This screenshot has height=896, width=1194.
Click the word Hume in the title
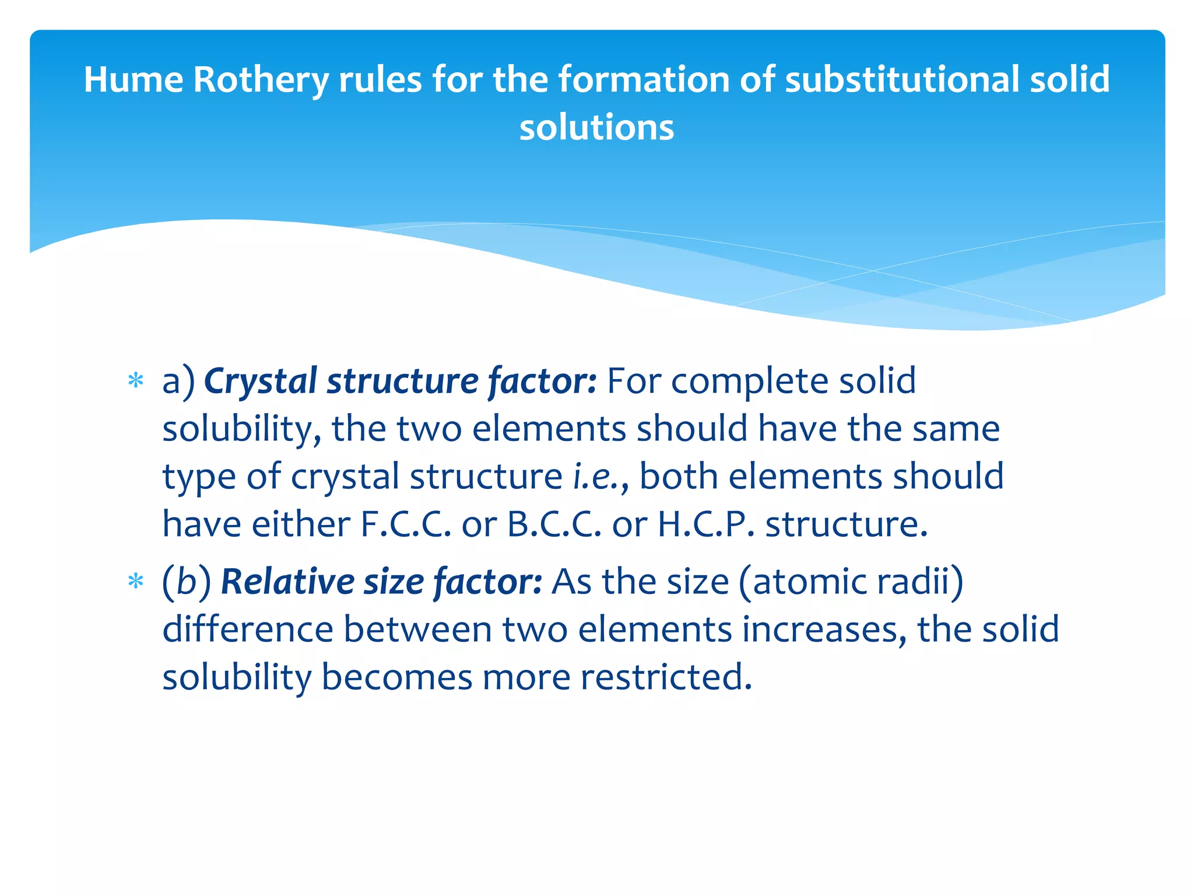(134, 79)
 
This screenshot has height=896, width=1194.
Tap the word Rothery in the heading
(260, 79)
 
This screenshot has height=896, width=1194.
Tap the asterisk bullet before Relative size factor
(136, 582)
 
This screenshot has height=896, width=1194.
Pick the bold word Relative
(287, 582)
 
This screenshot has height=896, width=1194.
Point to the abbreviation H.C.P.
(706, 524)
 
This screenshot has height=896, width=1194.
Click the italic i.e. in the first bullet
(596, 477)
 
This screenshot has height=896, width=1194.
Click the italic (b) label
(187, 582)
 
